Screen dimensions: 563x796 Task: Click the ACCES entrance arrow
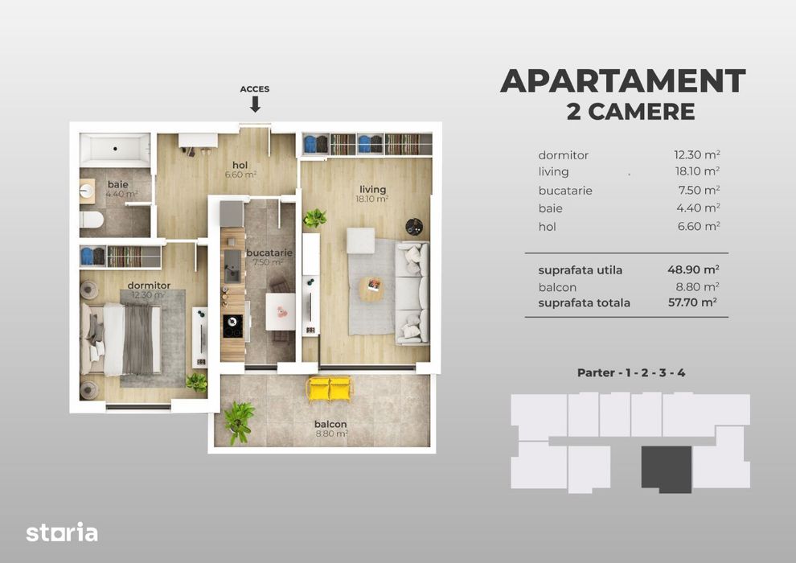tap(255, 104)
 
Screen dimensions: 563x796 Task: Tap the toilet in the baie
tap(91, 220)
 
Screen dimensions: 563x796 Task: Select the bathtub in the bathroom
tap(115, 150)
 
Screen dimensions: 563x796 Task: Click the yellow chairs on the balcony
tap(330, 388)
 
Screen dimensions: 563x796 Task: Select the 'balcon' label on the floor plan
tap(330, 424)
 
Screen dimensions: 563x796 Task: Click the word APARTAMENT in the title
tap(622, 81)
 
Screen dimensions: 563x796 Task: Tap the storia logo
tap(62, 532)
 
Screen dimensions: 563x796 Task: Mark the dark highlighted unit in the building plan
tap(666, 469)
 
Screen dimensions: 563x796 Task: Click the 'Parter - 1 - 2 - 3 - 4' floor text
tap(631, 372)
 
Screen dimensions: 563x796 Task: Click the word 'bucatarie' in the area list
tap(565, 191)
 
